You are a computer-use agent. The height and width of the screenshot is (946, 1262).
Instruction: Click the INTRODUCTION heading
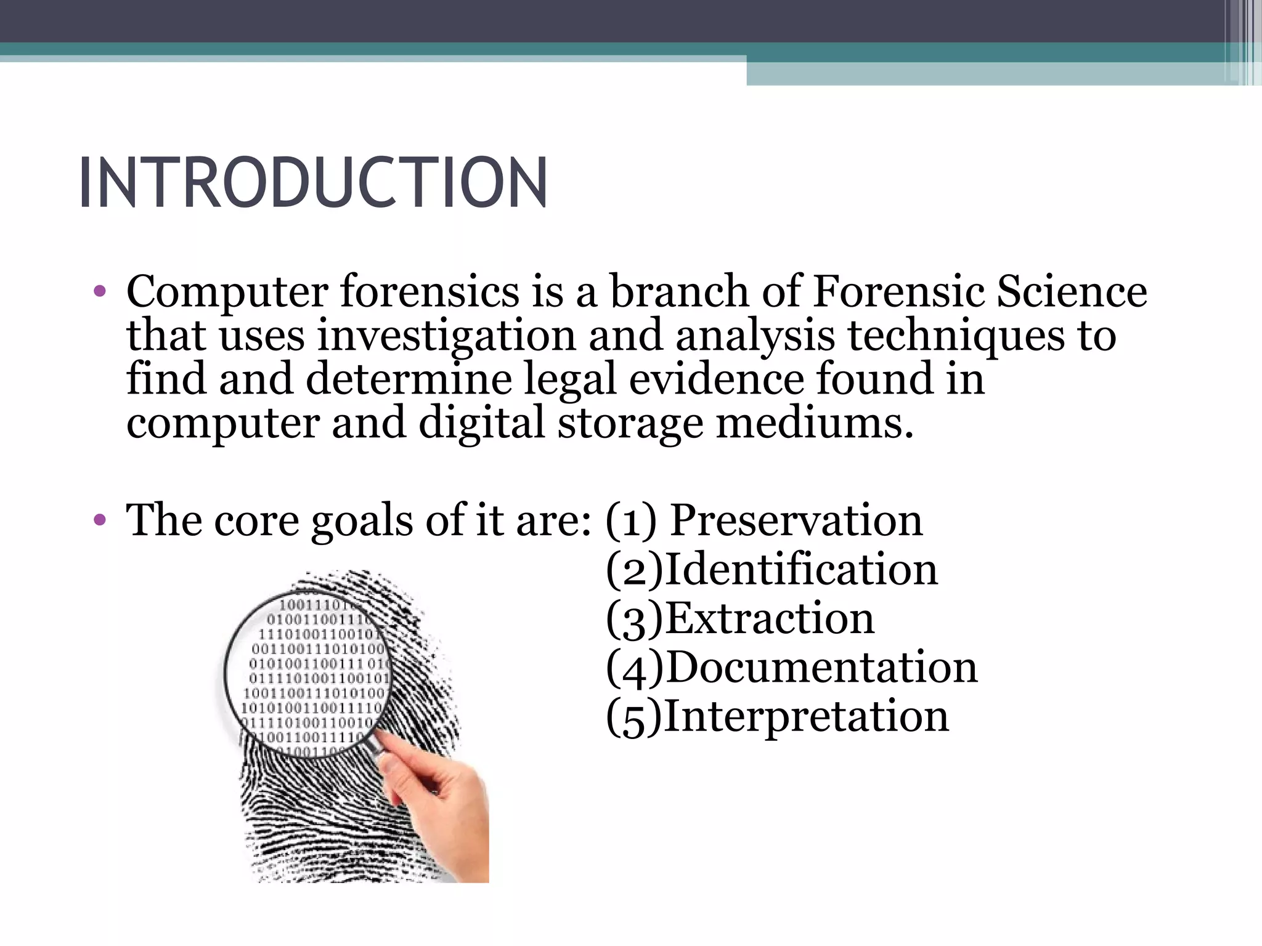click(313, 183)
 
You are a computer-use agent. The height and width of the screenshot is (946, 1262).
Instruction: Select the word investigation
click(446, 336)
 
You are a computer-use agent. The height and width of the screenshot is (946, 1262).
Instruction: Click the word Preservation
click(796, 520)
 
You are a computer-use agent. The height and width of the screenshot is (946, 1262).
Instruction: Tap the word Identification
click(801, 569)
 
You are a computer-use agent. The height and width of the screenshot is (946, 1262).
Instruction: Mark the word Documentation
click(821, 667)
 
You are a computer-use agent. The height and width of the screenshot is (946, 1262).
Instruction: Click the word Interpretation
click(807, 716)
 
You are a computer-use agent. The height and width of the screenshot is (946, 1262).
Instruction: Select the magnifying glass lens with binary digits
click(308, 671)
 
